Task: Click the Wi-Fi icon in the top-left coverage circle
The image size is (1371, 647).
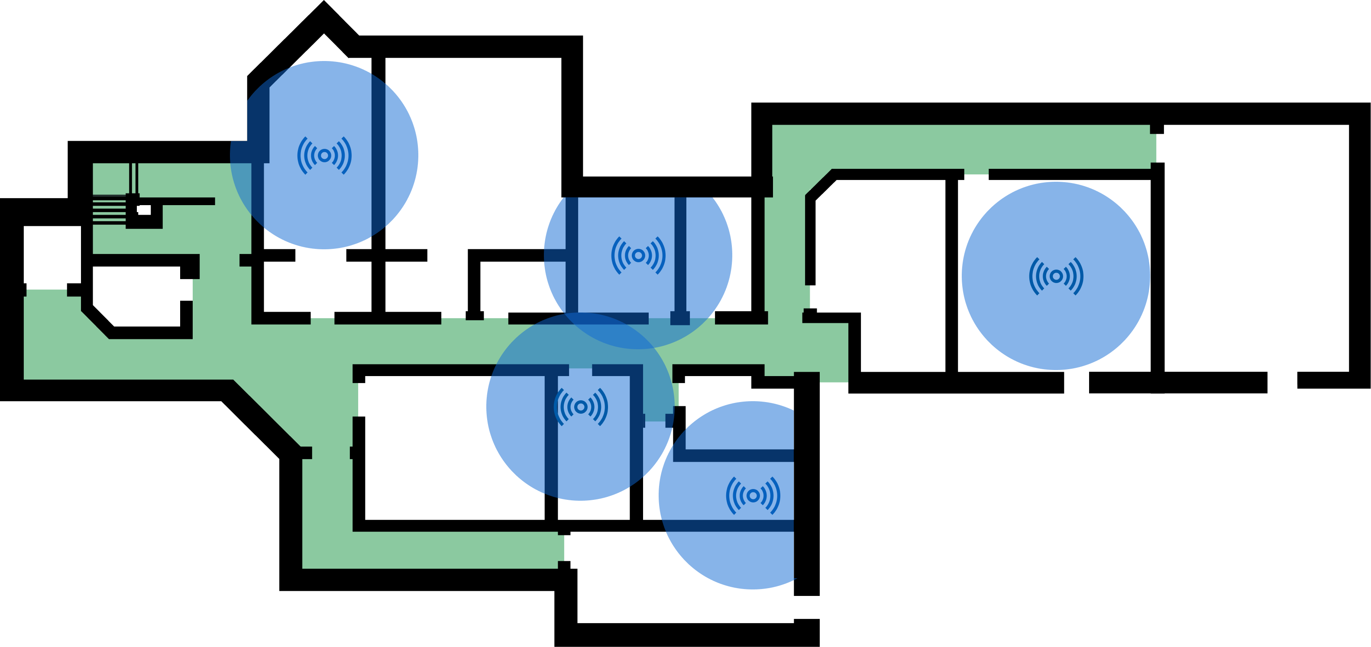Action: tap(324, 155)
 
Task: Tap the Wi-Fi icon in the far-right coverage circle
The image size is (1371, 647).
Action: tap(1056, 276)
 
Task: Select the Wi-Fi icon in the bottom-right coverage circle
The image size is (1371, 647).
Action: tap(753, 496)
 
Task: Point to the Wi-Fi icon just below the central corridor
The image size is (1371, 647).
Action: tap(581, 407)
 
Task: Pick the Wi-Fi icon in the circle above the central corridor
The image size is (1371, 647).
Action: tap(638, 255)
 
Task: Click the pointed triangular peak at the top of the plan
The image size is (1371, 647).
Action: tap(323, 42)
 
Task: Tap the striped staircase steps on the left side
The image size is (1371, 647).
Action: tap(109, 209)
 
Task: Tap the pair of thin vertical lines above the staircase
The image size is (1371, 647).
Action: tap(133, 178)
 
